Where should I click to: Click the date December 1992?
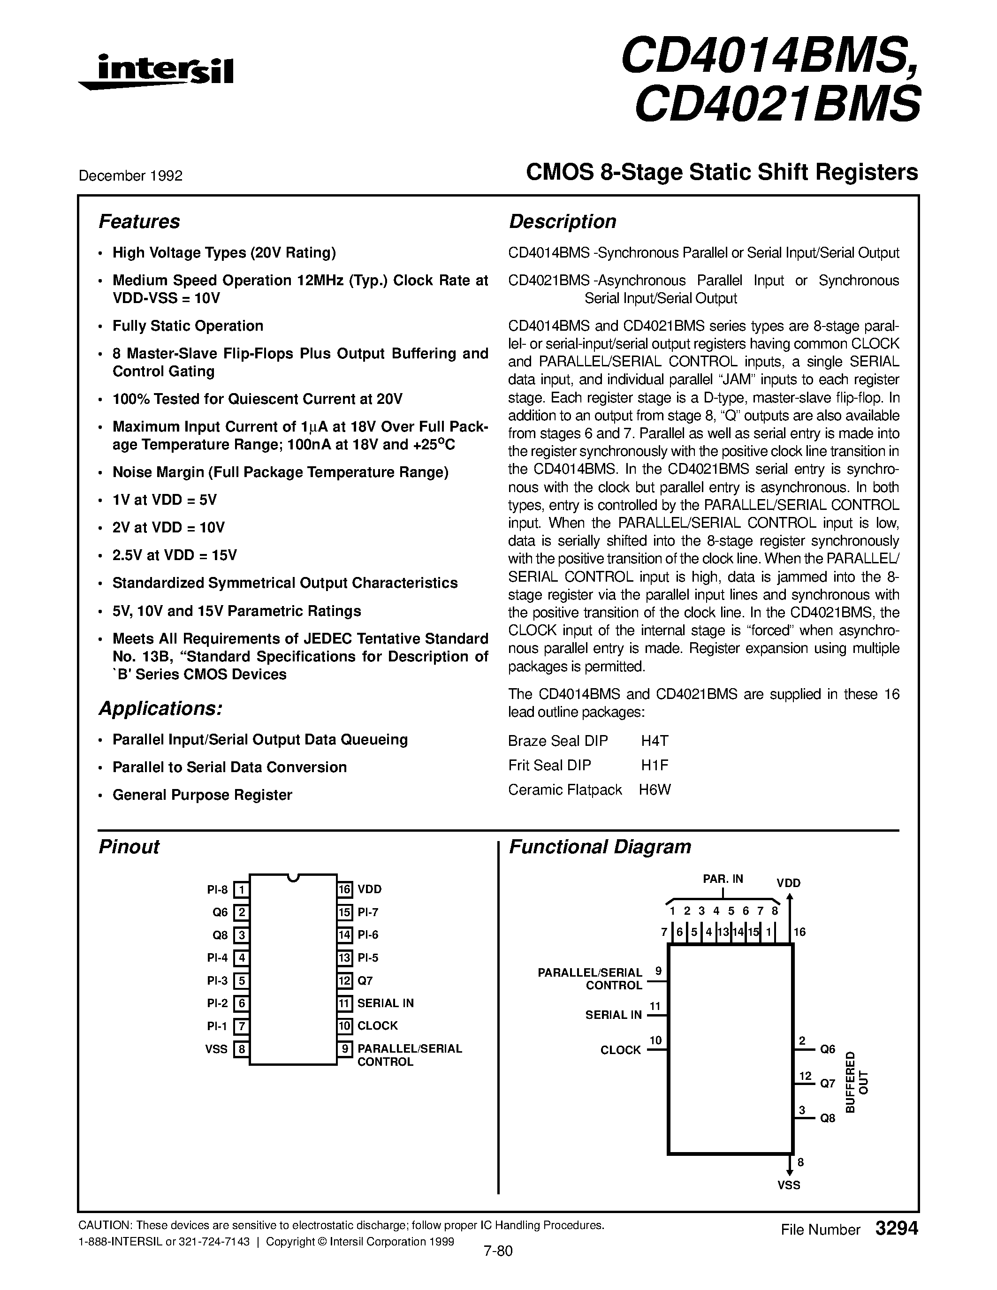click(130, 175)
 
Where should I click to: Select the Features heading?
click(139, 221)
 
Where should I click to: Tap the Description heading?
click(562, 221)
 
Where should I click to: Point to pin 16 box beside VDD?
click(345, 889)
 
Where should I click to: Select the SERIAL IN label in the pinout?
click(385, 1003)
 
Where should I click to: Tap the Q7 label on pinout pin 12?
click(365, 980)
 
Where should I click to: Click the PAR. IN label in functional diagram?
click(723, 879)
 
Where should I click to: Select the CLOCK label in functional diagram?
click(620, 1050)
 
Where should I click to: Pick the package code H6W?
click(655, 789)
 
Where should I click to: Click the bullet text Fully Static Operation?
click(188, 326)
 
